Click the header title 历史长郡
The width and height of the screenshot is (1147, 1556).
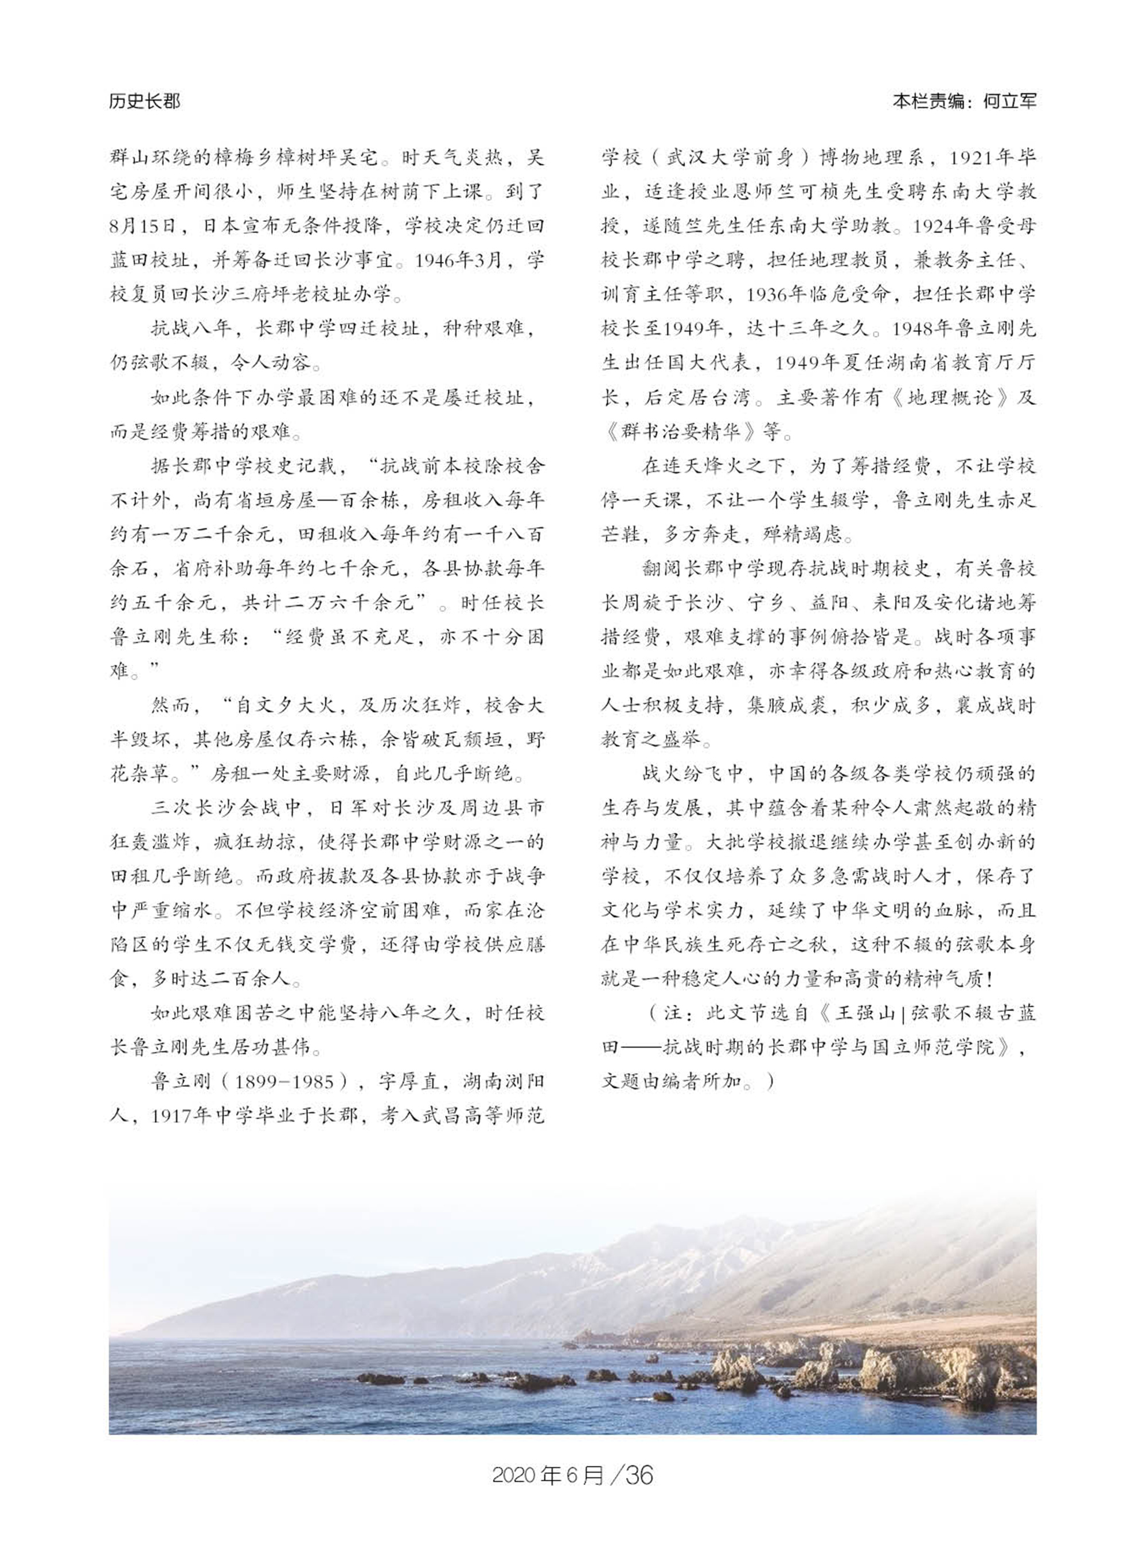(x=145, y=102)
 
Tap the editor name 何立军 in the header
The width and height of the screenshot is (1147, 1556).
(x=1011, y=102)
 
